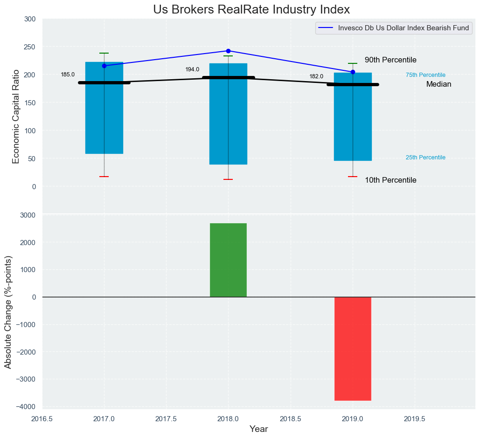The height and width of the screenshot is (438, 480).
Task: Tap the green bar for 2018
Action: click(228, 260)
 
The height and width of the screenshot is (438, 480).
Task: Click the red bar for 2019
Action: click(353, 349)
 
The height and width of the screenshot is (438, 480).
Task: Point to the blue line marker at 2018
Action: click(228, 51)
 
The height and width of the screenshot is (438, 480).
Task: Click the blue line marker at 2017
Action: click(104, 66)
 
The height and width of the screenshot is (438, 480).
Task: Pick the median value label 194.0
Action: click(192, 69)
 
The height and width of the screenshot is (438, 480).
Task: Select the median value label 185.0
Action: click(68, 75)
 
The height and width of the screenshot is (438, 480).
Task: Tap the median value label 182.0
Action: click(316, 76)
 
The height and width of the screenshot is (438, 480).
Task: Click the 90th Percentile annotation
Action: click(390, 60)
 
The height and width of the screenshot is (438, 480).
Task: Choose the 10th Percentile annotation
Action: click(390, 180)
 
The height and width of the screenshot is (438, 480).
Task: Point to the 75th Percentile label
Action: click(425, 75)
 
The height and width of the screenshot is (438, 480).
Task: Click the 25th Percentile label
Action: click(425, 157)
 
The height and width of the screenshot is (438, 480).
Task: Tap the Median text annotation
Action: click(438, 84)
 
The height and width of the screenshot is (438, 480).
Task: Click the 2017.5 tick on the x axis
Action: click(166, 419)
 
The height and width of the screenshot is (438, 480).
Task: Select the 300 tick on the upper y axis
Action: click(30, 19)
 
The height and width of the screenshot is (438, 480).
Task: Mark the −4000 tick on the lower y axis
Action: click(26, 407)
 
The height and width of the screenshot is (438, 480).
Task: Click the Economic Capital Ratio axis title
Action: click(16, 116)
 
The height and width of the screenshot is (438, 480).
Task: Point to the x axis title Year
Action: click(258, 429)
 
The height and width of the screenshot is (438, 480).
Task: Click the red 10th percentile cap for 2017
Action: click(104, 177)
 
